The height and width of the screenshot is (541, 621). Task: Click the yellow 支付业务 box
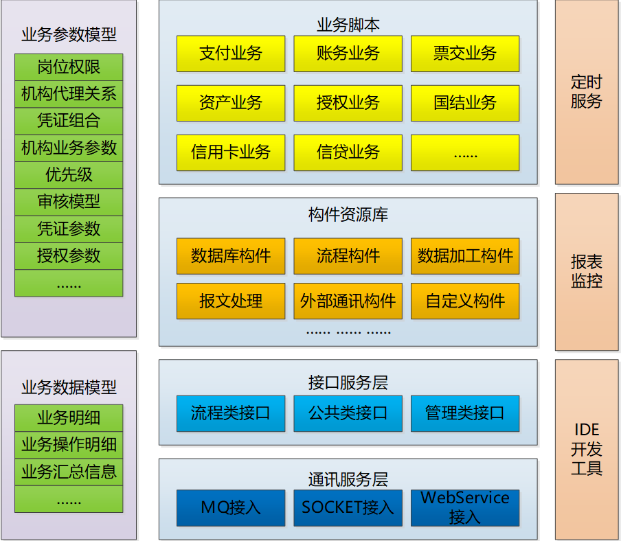[x=231, y=54]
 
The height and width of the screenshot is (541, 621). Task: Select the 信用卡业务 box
[x=231, y=153]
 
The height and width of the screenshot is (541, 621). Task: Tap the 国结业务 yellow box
[x=465, y=103]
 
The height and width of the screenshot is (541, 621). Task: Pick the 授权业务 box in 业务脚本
[x=348, y=103]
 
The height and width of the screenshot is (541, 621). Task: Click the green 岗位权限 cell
[x=69, y=67]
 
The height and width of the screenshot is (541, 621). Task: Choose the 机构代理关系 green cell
[x=69, y=94]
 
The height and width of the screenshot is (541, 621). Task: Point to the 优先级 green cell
[x=69, y=175]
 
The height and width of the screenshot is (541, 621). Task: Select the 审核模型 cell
[x=69, y=202]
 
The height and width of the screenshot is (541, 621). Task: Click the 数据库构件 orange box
[x=231, y=256]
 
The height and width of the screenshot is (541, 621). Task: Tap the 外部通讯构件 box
[x=348, y=301]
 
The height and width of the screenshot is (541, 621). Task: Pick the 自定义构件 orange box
[x=465, y=301]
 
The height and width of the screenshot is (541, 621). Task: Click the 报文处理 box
[x=231, y=301]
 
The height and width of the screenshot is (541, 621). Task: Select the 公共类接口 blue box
[x=348, y=413]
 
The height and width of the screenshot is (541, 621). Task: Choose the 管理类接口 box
[x=465, y=413]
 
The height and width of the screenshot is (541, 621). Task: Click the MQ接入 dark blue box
[x=231, y=508]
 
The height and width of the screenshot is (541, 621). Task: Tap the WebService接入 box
[x=465, y=508]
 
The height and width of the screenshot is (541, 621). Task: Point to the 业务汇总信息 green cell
[x=69, y=472]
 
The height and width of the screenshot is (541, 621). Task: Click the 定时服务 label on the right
[x=587, y=92]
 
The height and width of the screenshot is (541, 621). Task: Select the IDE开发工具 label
[x=587, y=449]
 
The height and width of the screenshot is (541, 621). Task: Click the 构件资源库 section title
[x=348, y=215]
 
